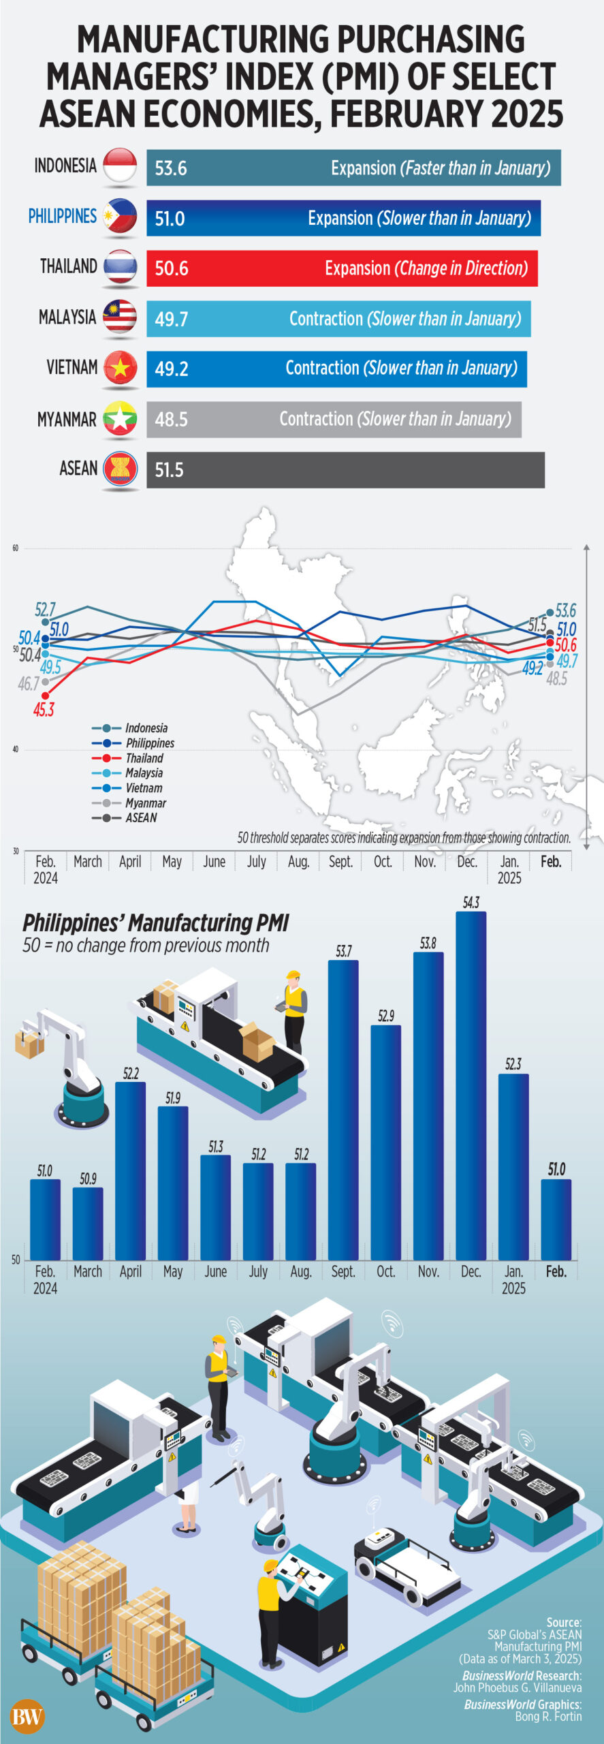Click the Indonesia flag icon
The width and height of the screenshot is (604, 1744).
(121, 166)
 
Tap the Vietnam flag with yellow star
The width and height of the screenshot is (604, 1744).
(121, 368)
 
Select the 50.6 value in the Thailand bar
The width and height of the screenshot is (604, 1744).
(171, 268)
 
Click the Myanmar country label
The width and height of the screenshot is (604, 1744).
(67, 419)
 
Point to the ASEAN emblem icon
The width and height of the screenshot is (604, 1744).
(121, 469)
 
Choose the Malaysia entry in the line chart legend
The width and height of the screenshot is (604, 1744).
(144, 773)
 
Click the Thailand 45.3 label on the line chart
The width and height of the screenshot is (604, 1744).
(44, 709)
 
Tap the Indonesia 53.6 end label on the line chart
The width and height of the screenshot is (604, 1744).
(565, 610)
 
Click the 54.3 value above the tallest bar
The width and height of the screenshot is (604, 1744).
(471, 903)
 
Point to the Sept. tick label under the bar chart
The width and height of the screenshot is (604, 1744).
(343, 1271)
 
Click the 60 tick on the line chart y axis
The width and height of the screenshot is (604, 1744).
(16, 548)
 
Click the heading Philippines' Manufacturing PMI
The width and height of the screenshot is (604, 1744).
(156, 923)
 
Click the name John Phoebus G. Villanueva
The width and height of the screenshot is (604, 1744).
(518, 1687)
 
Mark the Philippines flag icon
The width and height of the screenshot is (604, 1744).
(121, 217)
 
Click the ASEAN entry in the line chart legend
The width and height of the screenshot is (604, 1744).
(141, 817)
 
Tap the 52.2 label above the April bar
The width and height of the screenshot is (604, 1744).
(131, 1073)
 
